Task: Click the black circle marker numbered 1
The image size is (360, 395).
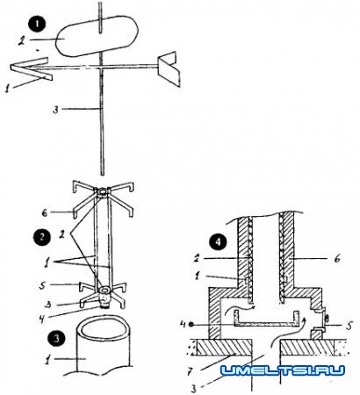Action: (37, 25)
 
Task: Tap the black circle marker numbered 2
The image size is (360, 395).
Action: (41, 236)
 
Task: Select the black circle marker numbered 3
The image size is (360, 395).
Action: (56, 338)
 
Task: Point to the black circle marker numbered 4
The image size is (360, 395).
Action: (218, 243)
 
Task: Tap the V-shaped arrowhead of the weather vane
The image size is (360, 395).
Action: (31, 68)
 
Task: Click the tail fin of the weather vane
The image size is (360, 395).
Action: (169, 69)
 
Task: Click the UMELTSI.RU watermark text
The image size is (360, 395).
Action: (283, 370)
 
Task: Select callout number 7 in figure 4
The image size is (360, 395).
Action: (190, 372)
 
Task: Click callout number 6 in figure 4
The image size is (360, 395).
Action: (337, 259)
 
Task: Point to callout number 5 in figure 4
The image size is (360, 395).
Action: (349, 325)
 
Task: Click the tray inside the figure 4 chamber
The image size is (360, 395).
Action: (267, 321)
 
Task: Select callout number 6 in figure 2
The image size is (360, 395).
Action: (44, 212)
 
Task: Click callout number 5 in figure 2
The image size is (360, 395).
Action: (43, 285)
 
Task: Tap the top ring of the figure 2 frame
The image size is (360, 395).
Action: (103, 192)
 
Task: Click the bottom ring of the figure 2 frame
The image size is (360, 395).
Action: (105, 291)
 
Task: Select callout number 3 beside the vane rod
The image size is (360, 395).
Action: (55, 110)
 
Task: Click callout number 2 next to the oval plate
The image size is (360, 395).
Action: (21, 40)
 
